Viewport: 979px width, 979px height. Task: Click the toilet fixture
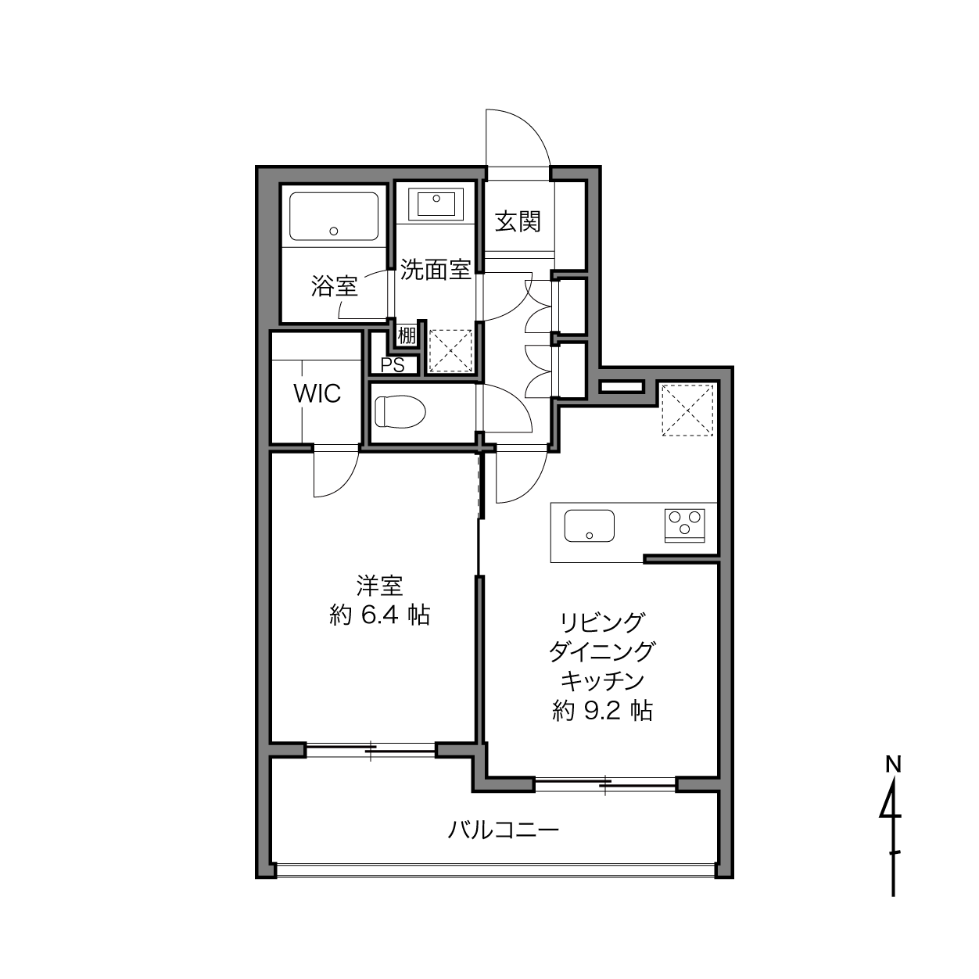(400, 412)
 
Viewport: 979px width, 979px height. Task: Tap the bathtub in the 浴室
(334, 217)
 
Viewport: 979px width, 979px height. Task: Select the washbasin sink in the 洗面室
(436, 203)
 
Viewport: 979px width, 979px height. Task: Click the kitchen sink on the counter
(590, 525)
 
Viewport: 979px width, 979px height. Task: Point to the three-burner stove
(684, 525)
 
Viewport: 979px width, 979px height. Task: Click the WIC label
(317, 393)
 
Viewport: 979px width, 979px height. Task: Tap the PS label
(393, 365)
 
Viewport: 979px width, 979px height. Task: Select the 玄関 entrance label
(518, 221)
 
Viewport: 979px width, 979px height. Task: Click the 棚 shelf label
(407, 335)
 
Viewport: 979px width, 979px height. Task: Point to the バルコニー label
(503, 830)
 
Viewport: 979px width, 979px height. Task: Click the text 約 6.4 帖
(379, 615)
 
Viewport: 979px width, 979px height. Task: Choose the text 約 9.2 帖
(602, 711)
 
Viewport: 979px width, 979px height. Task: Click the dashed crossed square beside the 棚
(450, 351)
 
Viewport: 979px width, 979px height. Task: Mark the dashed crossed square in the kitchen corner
(687, 410)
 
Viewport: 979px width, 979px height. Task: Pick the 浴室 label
(335, 286)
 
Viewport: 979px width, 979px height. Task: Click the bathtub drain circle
(334, 231)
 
